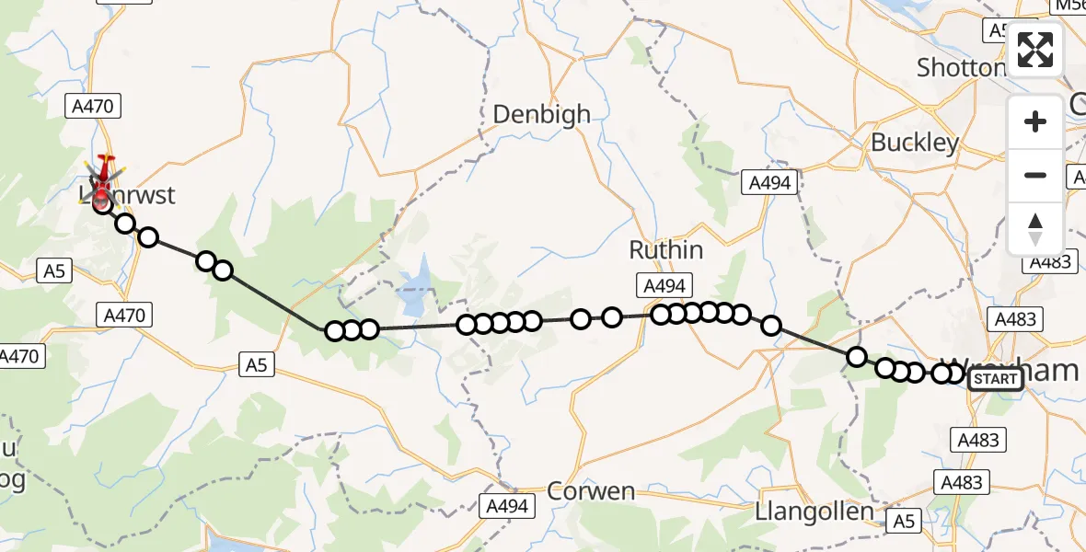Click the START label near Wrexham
[x=995, y=379]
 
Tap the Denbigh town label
[x=541, y=114]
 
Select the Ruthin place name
[x=666, y=249]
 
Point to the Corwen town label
[x=590, y=491]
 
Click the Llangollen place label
[x=813, y=511]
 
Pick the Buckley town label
[x=914, y=143]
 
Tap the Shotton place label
[x=961, y=67]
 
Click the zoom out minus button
[x=1035, y=176]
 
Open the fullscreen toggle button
[x=1035, y=50]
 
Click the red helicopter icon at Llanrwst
[x=103, y=174]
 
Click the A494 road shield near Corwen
[x=506, y=504]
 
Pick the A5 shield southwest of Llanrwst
[x=52, y=270]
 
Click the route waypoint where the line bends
[x=335, y=331]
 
